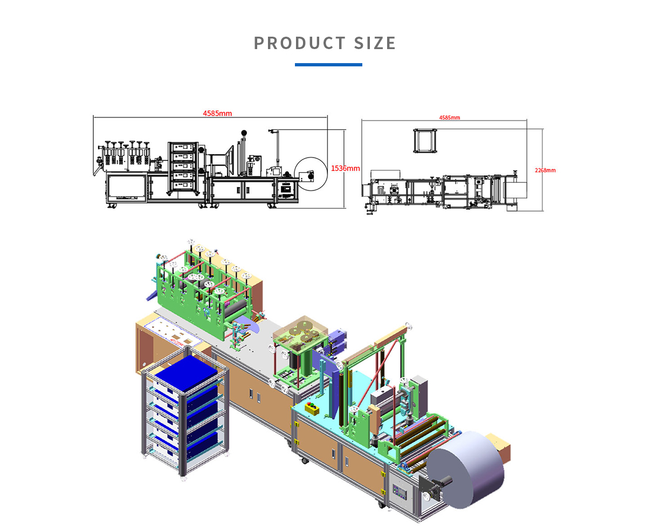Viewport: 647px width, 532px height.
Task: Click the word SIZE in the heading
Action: [375, 43]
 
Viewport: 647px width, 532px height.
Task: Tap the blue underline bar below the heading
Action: [328, 65]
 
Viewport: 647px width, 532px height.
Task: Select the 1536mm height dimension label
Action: [345, 168]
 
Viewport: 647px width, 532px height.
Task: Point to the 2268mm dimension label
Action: [545, 170]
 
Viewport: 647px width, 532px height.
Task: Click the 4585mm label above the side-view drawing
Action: [217, 113]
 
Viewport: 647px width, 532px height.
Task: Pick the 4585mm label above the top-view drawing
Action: [450, 118]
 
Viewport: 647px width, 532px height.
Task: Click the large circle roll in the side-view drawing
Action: [311, 174]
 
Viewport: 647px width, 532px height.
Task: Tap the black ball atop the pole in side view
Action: [244, 133]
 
